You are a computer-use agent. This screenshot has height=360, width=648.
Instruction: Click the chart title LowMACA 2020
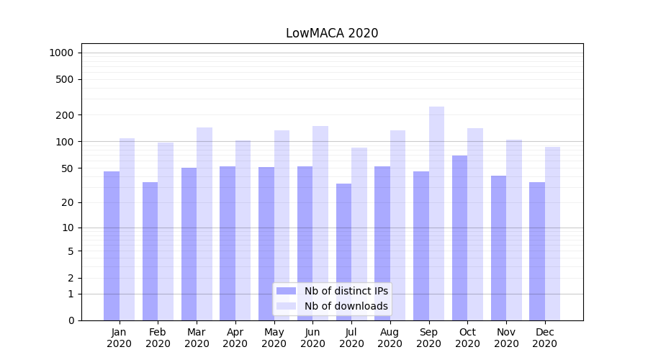pos(332,33)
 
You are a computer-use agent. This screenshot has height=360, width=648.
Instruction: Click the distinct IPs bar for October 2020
pos(459,238)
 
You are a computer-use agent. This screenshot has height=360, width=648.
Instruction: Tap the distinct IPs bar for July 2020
pos(343,252)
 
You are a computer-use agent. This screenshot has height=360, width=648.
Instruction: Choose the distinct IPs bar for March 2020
pos(189,244)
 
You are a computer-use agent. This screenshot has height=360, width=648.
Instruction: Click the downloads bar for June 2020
pos(320,223)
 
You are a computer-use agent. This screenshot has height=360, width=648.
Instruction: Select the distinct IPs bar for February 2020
pos(150,251)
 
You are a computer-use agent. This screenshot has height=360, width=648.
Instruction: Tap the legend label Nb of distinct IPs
pos(346,291)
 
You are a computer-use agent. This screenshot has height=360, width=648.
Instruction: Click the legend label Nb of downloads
pos(346,306)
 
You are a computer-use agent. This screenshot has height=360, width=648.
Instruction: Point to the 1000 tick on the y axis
pos(61,53)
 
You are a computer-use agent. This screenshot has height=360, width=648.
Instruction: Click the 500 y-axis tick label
pos(66,79)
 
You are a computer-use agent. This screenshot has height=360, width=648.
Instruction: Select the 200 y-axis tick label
pos(66,115)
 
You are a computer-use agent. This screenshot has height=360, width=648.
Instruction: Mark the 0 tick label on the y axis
pos(71,320)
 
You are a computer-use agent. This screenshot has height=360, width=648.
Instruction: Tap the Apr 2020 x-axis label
pos(235,338)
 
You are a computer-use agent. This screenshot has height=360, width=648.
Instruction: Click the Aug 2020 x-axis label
pos(390,338)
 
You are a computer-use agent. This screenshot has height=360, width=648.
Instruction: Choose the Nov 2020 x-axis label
pos(506,338)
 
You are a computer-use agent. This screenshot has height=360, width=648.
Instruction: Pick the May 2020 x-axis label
pos(274,338)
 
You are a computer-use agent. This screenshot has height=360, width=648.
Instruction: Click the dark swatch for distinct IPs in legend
pos(286,291)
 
